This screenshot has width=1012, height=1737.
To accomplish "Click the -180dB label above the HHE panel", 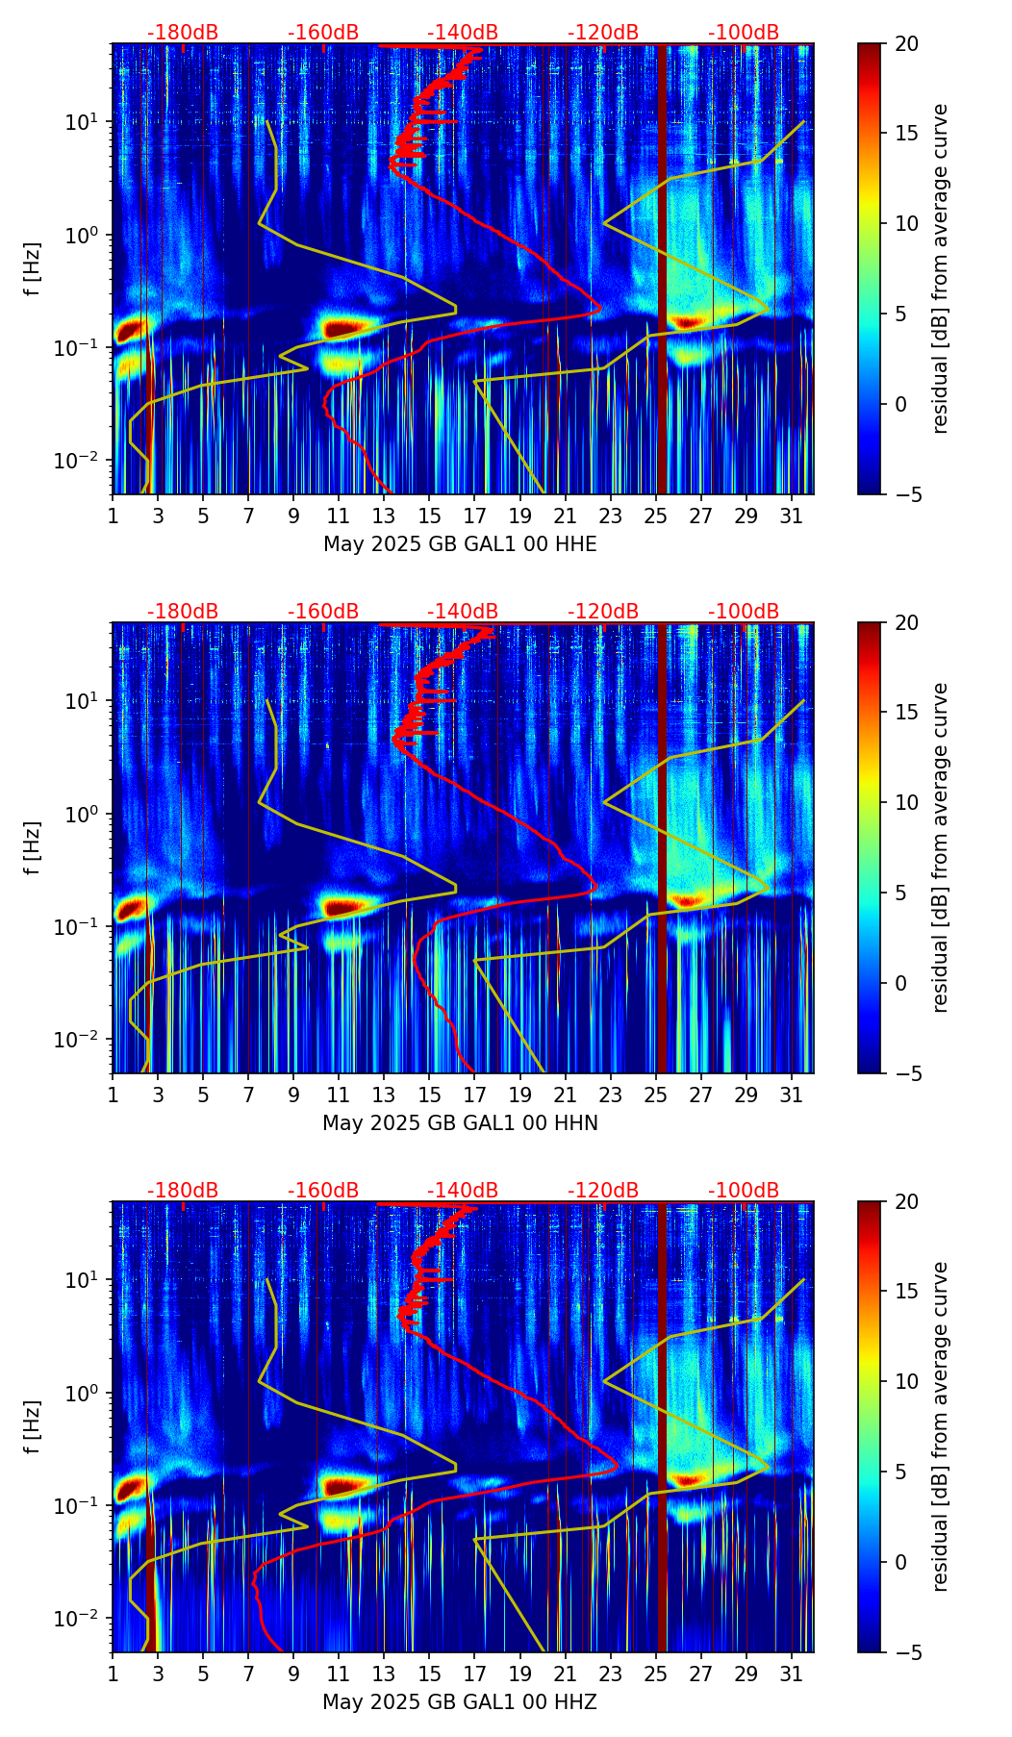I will pos(183,33).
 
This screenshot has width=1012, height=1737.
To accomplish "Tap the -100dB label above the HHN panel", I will pos(744,612).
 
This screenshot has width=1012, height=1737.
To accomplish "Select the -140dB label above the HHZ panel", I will pos(463,1191).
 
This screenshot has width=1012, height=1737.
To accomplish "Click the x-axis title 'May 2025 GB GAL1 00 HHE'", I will pos(460,544).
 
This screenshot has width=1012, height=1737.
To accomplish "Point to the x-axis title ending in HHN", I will pos(460,1123).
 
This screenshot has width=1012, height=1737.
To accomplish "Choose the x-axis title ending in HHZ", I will pos(460,1702).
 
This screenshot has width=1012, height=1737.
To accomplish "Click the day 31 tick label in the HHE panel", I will pos(792,516).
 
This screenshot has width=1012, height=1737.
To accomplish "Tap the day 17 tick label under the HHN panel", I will pos(475,1095).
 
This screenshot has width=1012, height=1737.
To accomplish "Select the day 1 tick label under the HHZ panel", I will pos(114,1674).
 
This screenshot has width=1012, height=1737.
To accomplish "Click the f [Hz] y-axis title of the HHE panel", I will pos(33,268).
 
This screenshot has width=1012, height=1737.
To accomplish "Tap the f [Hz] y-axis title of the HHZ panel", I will pos(33,1426).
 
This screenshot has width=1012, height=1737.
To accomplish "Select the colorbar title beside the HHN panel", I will pos(940,847).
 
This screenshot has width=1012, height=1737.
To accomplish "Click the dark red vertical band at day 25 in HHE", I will pos(662,269).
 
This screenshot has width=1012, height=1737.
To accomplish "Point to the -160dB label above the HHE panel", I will pos(323,33).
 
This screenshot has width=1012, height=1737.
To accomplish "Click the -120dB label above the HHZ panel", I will pos(603,1191).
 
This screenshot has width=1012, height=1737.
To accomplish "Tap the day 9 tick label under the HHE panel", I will pos(294,516).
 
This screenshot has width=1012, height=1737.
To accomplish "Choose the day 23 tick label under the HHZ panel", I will pos(611,1674).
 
